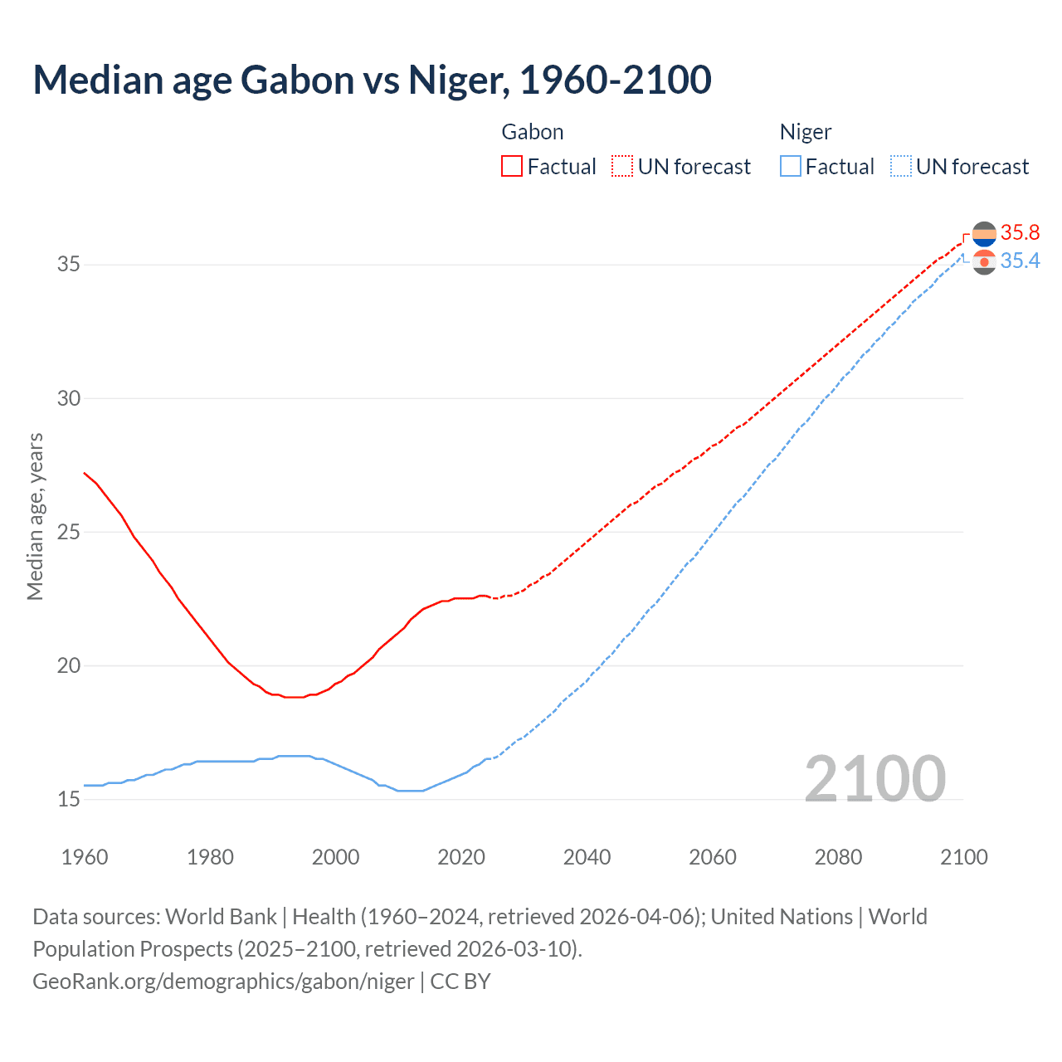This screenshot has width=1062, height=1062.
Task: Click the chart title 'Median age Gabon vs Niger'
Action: [x=372, y=80]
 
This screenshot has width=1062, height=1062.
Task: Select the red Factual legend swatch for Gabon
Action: [x=512, y=167]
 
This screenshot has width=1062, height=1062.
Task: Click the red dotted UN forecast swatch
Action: [x=622, y=167]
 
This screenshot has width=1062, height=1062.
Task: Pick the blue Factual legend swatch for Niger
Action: [x=790, y=167]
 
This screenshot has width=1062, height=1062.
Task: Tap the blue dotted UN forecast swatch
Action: [x=900, y=167]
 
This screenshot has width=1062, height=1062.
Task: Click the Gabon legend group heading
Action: [x=533, y=132]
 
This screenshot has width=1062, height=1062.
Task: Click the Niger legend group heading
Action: [x=805, y=132]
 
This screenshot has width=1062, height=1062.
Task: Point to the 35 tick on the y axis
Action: [x=68, y=265]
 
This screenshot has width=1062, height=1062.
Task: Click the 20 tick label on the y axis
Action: [x=68, y=665]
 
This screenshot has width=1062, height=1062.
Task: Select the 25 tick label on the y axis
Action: [x=68, y=532]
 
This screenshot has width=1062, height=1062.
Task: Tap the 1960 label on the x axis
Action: [x=85, y=857]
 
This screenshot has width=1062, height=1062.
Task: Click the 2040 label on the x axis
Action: [x=587, y=857]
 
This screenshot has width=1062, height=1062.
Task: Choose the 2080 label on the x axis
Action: [x=838, y=857]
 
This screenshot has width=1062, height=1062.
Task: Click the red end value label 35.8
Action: [x=1020, y=233]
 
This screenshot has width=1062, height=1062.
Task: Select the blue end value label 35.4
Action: [x=1020, y=261]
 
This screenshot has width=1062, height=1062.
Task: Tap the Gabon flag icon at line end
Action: [x=984, y=235]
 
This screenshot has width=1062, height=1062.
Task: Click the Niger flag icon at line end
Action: [x=984, y=262]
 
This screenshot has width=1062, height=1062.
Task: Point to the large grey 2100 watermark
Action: [x=874, y=778]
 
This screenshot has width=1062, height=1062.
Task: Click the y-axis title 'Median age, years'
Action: [x=35, y=516]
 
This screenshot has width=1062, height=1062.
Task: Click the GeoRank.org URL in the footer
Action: [x=223, y=982]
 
